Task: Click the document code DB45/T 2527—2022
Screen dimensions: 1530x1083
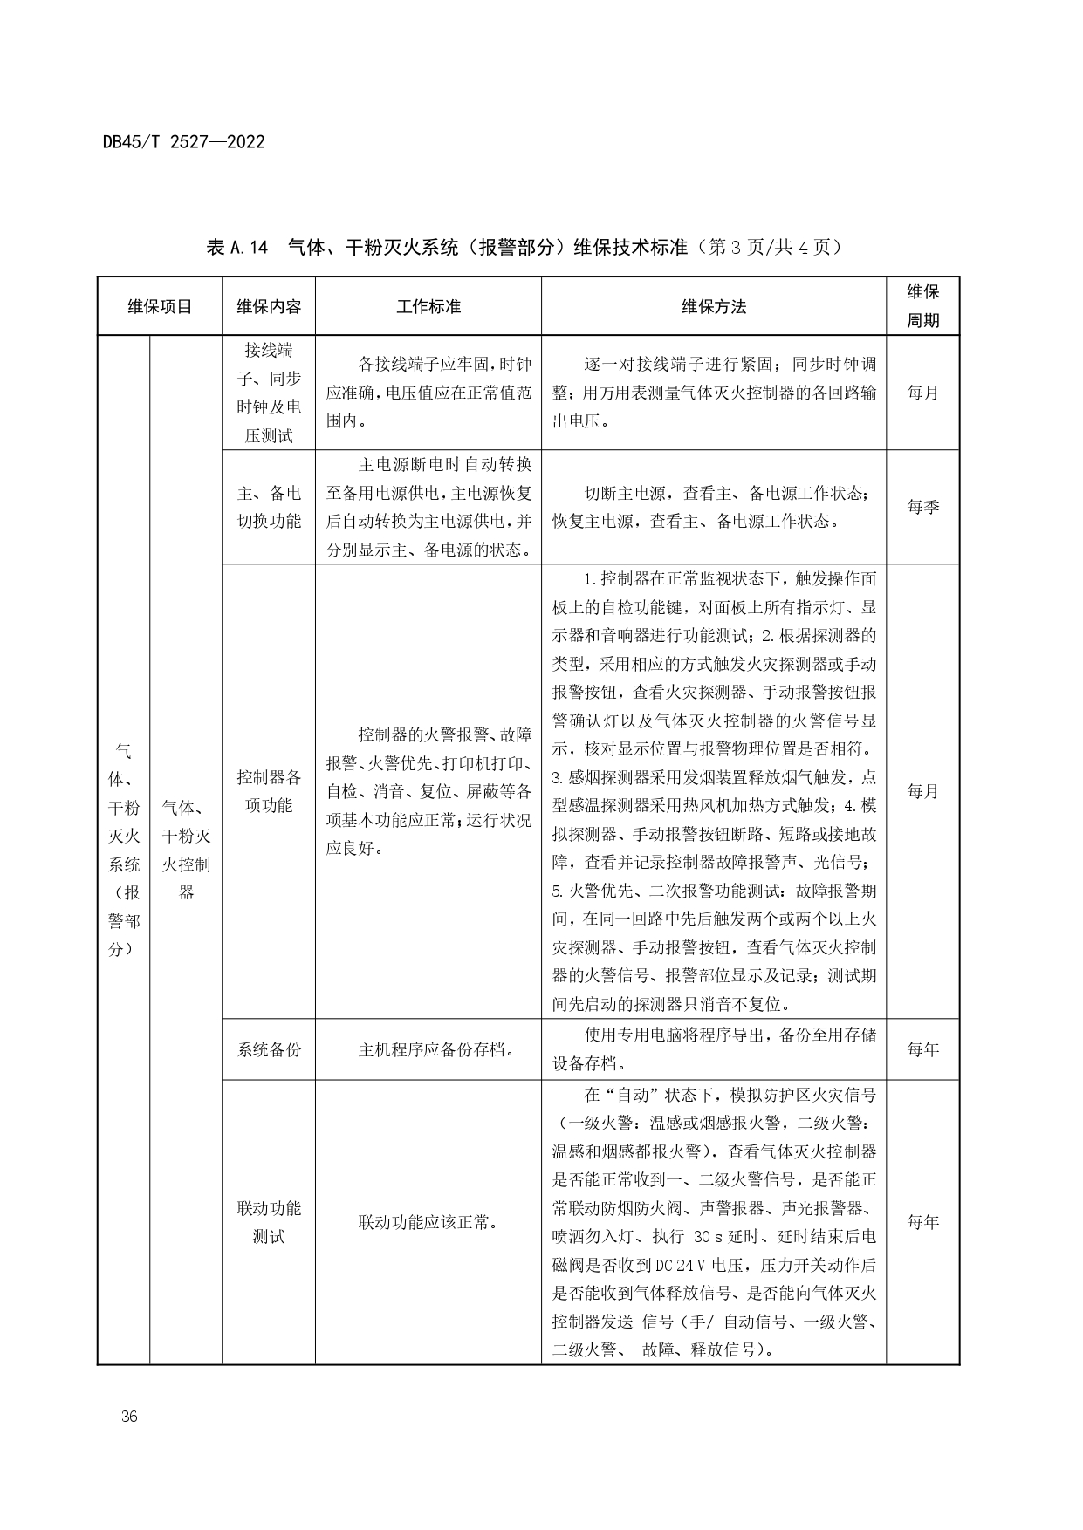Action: click(x=183, y=141)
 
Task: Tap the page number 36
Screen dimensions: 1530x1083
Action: click(x=130, y=1416)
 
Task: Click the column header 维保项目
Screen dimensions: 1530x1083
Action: click(x=160, y=306)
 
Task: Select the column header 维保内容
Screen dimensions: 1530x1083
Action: click(x=269, y=306)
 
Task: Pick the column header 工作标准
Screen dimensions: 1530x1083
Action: click(x=428, y=306)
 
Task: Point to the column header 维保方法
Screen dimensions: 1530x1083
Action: click(x=714, y=306)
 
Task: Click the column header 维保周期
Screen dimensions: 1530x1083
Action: click(x=922, y=306)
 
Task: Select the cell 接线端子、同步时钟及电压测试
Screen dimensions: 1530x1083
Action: click(x=269, y=393)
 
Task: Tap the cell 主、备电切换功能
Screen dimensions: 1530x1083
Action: click(x=269, y=507)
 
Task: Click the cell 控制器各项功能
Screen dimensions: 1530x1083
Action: click(x=269, y=791)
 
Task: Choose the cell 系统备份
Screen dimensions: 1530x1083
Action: click(x=269, y=1049)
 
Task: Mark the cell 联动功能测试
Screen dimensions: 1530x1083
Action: click(x=269, y=1222)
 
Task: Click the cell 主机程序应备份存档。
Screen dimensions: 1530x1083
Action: click(x=428, y=1049)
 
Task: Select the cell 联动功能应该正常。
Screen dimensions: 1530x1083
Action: click(x=428, y=1222)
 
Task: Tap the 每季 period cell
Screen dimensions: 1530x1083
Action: click(x=922, y=507)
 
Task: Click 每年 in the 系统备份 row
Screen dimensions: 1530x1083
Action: click(x=922, y=1049)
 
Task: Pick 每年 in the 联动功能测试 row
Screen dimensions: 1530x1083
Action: click(x=922, y=1222)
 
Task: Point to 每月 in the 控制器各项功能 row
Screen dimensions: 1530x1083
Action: click(x=922, y=791)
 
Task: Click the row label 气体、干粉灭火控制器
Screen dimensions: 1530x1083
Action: click(x=186, y=850)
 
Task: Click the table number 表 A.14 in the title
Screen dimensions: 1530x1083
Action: click(x=236, y=248)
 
